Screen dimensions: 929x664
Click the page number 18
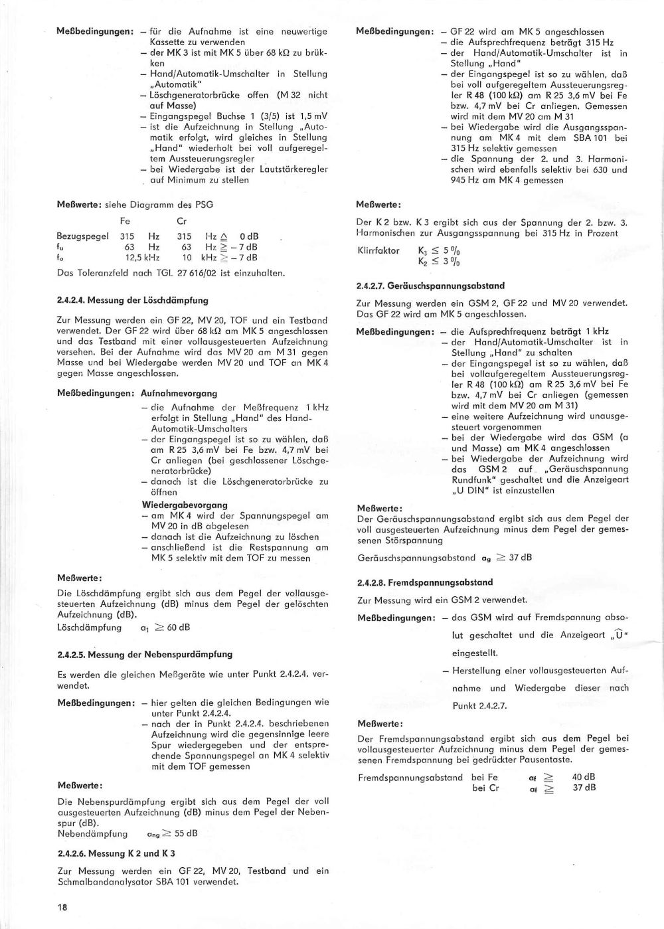point(62,906)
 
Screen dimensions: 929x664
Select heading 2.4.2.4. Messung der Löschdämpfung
point(133,300)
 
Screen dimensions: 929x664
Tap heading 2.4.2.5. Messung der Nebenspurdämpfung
point(145,654)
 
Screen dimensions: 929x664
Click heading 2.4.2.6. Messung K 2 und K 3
point(116,853)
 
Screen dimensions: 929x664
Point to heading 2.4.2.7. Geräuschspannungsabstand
point(430,286)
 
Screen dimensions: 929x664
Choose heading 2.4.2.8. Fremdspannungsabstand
point(424,582)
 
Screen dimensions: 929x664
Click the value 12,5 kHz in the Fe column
point(142,258)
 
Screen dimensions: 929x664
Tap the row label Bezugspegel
point(83,236)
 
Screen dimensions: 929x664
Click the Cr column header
point(181,220)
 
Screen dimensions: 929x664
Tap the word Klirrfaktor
point(378,250)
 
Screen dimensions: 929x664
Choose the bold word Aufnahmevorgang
point(179,393)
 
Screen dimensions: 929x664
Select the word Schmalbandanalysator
point(100,882)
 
